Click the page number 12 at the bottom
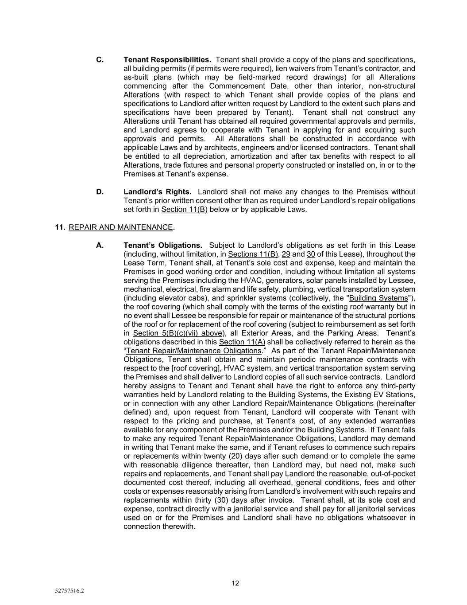click(x=235, y=583)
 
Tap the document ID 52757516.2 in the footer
click(x=69, y=591)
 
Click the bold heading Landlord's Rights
click(x=157, y=191)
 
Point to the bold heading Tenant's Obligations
click(x=162, y=245)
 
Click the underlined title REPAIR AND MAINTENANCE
click(x=120, y=227)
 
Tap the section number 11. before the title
click(x=60, y=227)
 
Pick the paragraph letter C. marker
click(x=100, y=59)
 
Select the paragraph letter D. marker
click(x=100, y=191)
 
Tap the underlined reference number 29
click(x=286, y=254)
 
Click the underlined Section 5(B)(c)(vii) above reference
click(x=178, y=333)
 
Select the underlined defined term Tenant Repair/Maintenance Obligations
click(x=194, y=351)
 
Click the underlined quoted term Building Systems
click(x=378, y=298)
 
